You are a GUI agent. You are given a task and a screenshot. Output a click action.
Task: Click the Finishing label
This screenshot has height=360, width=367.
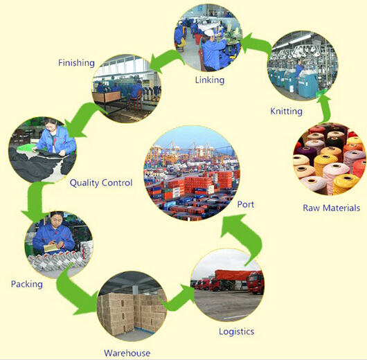tap(77, 63)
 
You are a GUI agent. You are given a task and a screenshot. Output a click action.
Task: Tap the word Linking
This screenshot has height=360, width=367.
tap(210, 80)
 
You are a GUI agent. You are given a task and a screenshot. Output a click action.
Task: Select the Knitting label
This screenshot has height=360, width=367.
tap(286, 111)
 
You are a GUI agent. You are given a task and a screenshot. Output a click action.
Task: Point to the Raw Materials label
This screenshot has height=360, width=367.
tap(331, 208)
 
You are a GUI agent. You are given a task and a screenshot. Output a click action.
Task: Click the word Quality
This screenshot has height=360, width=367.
tap(84, 183)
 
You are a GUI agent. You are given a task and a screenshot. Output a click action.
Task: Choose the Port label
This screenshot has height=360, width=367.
tap(246, 204)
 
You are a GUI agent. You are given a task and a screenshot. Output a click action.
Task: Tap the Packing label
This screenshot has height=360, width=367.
tap(27, 285)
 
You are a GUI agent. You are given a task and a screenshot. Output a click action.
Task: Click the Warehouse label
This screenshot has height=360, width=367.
tap(127, 353)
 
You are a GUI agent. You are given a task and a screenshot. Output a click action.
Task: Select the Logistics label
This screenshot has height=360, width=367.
tap(236, 332)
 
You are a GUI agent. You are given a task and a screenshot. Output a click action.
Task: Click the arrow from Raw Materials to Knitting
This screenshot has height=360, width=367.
tap(325, 108)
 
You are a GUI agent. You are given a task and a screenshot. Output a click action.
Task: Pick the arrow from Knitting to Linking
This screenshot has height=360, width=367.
tap(256, 44)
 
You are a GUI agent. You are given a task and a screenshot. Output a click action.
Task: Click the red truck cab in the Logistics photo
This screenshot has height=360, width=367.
tap(256, 282)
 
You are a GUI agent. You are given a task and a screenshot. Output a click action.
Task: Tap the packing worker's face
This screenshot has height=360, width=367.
tap(56, 219)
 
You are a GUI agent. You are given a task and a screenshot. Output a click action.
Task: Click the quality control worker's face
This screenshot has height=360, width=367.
tap(51, 126)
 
